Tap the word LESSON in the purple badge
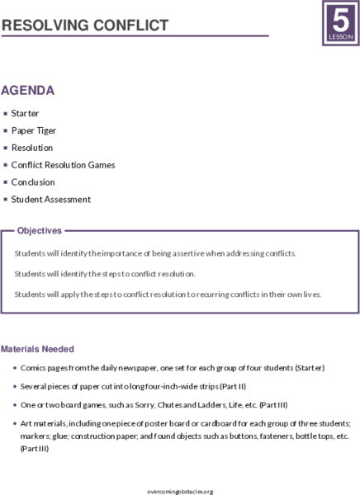click(x=339, y=38)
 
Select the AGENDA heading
click(x=28, y=90)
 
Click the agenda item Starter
click(x=25, y=113)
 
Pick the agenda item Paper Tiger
click(x=34, y=130)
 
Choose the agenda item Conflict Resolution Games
click(x=63, y=165)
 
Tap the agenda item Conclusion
click(x=33, y=182)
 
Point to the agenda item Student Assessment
click(x=50, y=200)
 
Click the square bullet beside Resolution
click(x=6, y=148)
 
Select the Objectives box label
click(x=39, y=231)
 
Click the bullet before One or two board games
click(x=17, y=405)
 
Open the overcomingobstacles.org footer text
click(x=179, y=491)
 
